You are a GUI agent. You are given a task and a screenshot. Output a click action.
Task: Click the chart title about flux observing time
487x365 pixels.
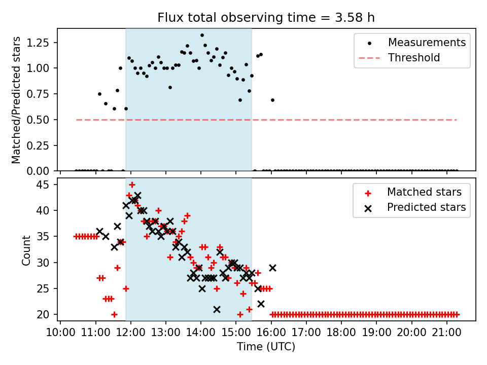tap(266, 18)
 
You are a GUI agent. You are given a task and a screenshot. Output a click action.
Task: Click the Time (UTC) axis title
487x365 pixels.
tap(266, 347)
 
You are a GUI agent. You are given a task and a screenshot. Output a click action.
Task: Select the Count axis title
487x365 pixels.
tap(26, 250)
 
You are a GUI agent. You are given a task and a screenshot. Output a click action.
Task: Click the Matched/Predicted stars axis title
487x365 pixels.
tap(16, 100)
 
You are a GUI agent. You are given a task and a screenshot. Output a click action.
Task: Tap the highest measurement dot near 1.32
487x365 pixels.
tap(202, 35)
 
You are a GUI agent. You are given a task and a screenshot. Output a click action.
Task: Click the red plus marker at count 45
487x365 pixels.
tap(132, 185)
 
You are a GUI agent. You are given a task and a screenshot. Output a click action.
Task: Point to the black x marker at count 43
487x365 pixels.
tap(137, 196)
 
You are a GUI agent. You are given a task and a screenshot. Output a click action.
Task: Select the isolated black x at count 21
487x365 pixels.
tap(217, 309)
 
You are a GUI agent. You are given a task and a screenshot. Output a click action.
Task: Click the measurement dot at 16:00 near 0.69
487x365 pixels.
tap(272, 100)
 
